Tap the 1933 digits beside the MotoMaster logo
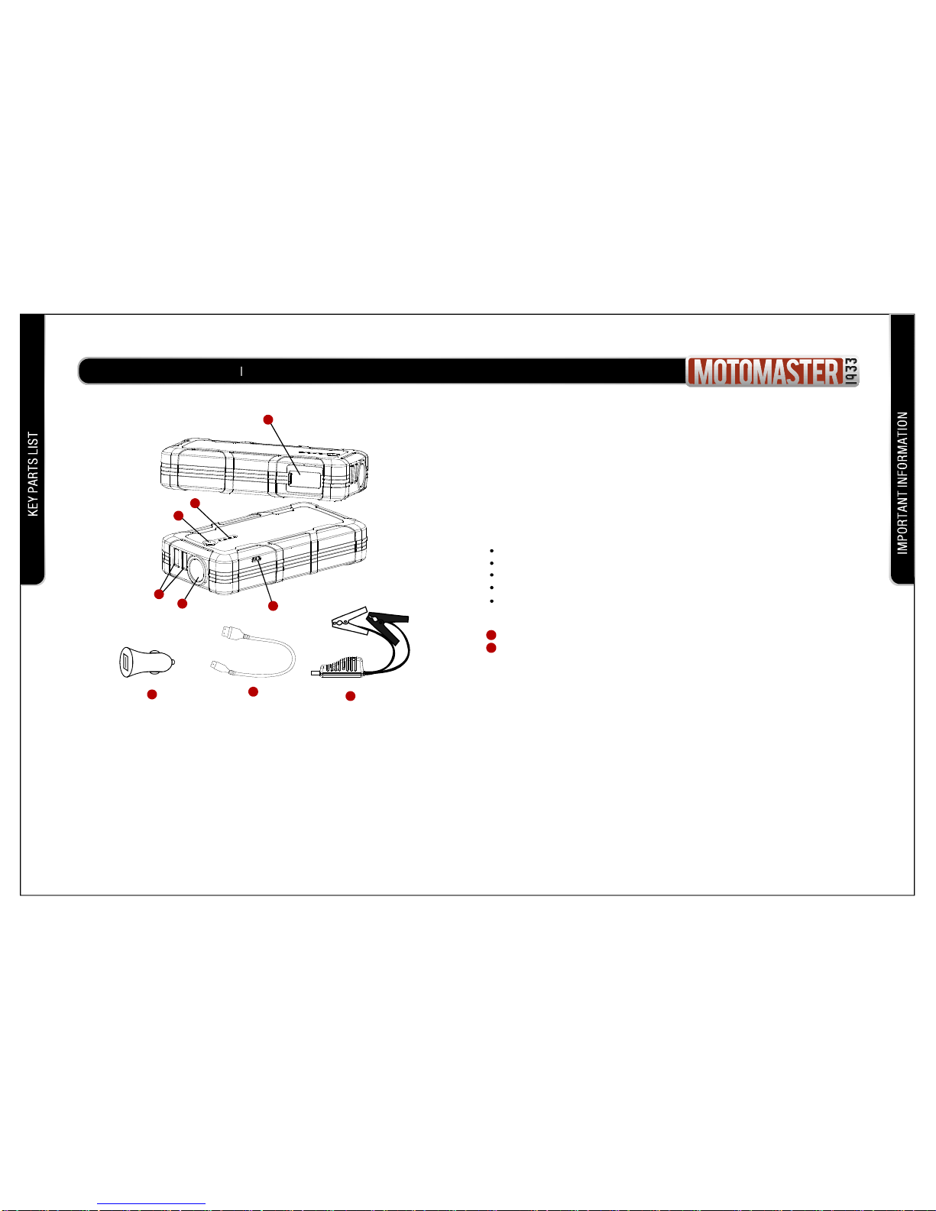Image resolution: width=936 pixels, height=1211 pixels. pyautogui.click(x=850, y=371)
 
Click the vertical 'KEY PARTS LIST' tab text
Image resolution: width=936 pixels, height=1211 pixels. pyautogui.click(x=34, y=474)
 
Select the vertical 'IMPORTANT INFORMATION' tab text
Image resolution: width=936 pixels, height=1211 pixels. pyautogui.click(x=902, y=483)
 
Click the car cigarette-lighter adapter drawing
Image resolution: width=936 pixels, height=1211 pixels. pyautogui.click(x=147, y=662)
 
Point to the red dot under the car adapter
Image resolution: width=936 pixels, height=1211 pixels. pyautogui.click(x=151, y=695)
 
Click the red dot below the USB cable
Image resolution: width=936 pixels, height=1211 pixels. pyautogui.click(x=253, y=691)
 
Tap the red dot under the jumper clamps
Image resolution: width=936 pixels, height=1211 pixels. pyautogui.click(x=351, y=696)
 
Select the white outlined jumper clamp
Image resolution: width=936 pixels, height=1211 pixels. pyautogui.click(x=350, y=620)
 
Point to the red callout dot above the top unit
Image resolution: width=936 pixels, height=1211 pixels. pyautogui.click(x=268, y=419)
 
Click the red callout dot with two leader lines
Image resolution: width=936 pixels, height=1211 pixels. pyautogui.click(x=159, y=594)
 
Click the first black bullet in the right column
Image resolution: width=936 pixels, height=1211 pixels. pyautogui.click(x=491, y=551)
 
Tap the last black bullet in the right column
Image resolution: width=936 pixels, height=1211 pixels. pyautogui.click(x=491, y=601)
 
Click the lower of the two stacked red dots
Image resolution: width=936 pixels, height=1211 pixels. pyautogui.click(x=491, y=648)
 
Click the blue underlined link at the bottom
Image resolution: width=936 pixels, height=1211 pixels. pyautogui.click(x=151, y=1203)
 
